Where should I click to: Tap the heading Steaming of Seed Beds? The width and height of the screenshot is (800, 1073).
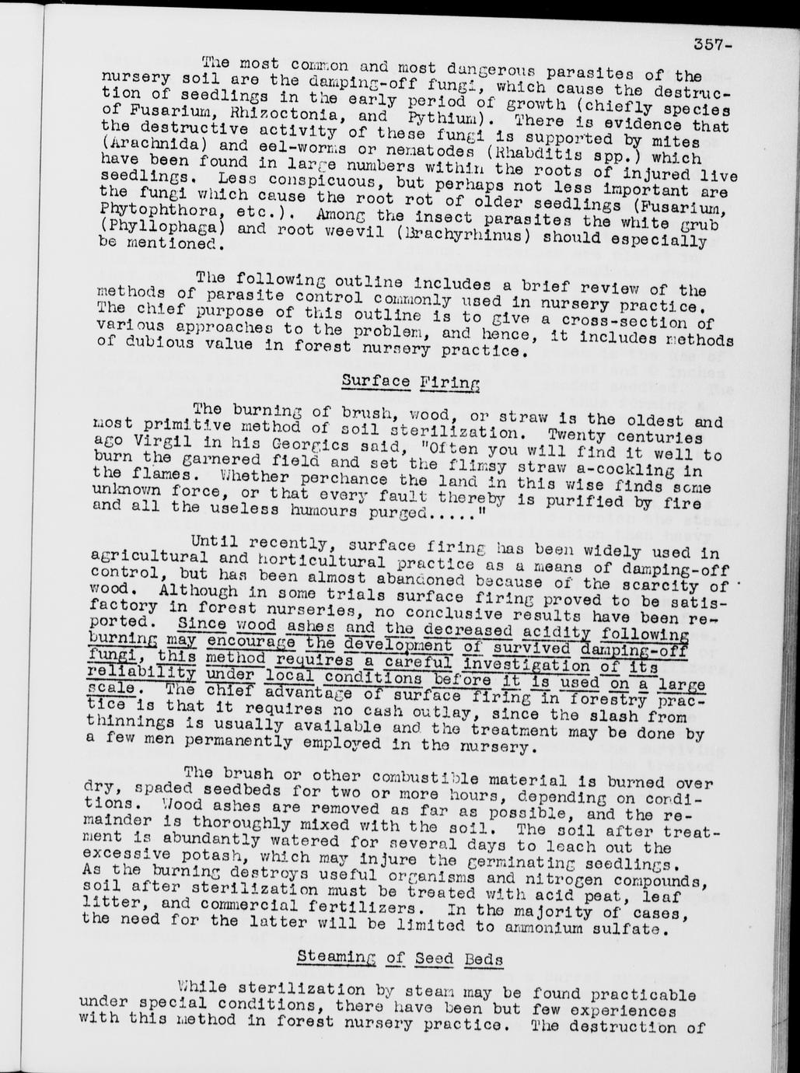(400, 959)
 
